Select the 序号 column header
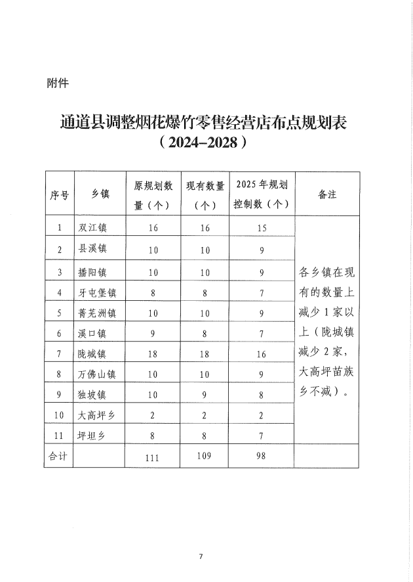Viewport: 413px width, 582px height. pyautogui.click(x=60, y=194)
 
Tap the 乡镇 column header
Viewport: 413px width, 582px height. pyautogui.click(x=99, y=194)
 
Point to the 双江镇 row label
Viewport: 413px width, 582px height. pyautogui.click(x=92, y=227)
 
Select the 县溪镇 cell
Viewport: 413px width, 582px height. pyautogui.click(x=92, y=249)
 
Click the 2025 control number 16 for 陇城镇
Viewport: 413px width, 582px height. pyautogui.click(x=262, y=354)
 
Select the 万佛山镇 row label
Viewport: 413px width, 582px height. pyautogui.click(x=97, y=375)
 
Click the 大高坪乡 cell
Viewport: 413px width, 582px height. pyautogui.click(x=97, y=416)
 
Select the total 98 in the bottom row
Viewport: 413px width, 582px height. pyautogui.click(x=262, y=455)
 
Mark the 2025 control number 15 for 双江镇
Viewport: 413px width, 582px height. pyautogui.click(x=262, y=227)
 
